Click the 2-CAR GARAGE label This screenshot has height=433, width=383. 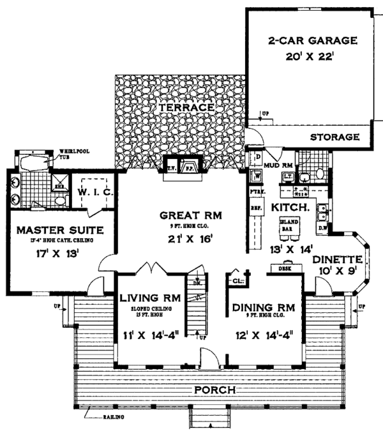tap(303, 42)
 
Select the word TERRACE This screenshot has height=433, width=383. tap(186, 108)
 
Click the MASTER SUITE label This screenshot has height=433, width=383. tap(52, 229)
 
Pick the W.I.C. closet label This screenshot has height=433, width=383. tap(95, 192)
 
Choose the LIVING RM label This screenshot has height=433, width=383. tap(151, 298)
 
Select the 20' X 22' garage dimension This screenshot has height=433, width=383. tap(303, 57)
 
